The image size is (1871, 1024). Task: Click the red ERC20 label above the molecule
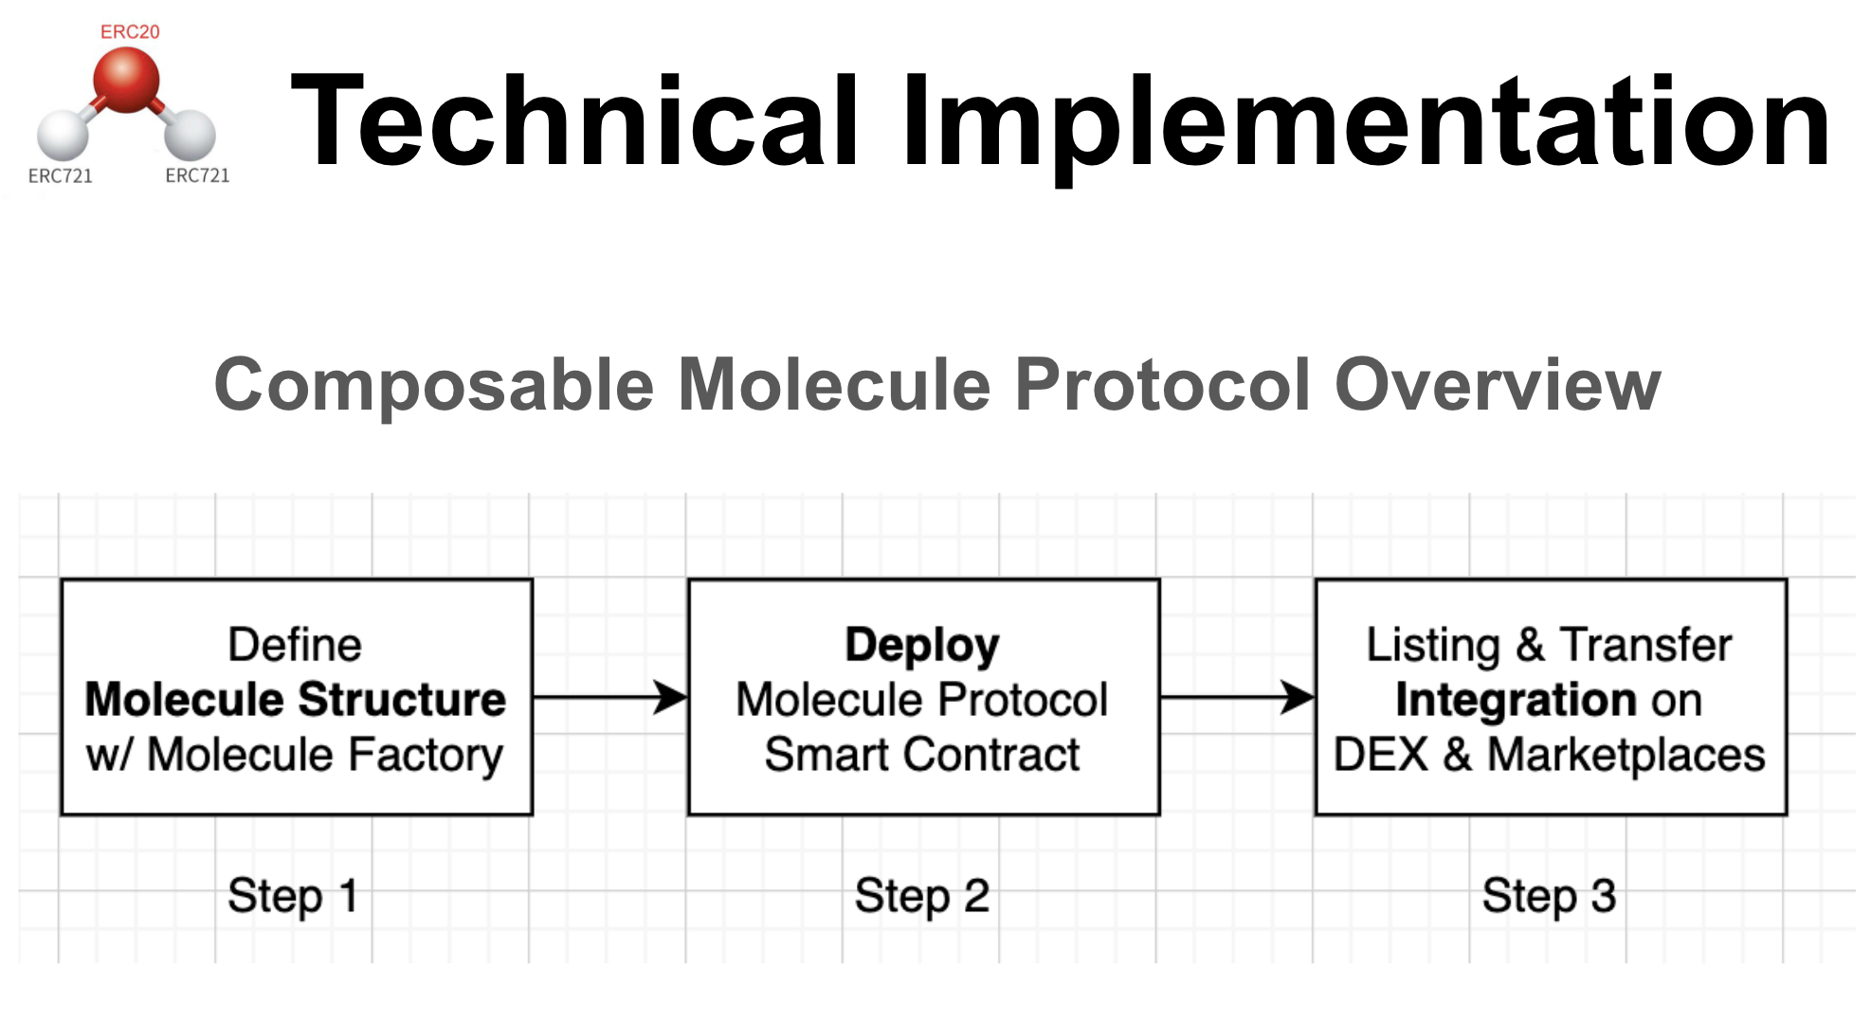pyautogui.click(x=130, y=31)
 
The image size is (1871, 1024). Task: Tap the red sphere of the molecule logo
pyautogui.click(x=126, y=80)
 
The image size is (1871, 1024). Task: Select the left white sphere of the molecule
pyautogui.click(x=63, y=135)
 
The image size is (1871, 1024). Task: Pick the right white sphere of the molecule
pyautogui.click(x=190, y=135)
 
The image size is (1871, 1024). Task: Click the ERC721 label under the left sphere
pyautogui.click(x=60, y=175)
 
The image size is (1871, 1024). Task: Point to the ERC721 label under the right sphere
pyautogui.click(x=197, y=175)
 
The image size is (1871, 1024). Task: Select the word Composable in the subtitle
pyautogui.click(x=434, y=385)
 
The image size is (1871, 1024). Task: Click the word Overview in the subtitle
pyautogui.click(x=1497, y=385)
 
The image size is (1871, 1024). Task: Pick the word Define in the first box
pyautogui.click(x=295, y=645)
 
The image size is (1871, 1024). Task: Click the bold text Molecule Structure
pyautogui.click(x=295, y=700)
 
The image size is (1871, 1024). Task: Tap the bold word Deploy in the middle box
pyautogui.click(x=921, y=645)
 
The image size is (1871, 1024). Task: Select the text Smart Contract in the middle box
pyautogui.click(x=921, y=755)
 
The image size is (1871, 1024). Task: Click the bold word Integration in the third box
pyautogui.click(x=1516, y=700)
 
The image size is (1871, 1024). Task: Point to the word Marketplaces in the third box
pyautogui.click(x=1625, y=755)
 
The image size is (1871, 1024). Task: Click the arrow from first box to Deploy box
pyautogui.click(x=610, y=698)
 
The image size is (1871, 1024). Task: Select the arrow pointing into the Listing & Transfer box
pyautogui.click(x=1237, y=698)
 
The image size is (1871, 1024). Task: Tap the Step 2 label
pyautogui.click(x=921, y=895)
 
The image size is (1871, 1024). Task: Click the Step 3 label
pyautogui.click(x=1549, y=895)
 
